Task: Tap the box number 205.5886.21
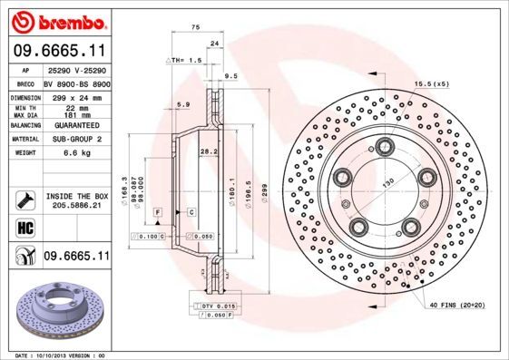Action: (77, 206)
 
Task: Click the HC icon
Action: (25, 228)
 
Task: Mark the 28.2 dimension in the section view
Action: (208, 151)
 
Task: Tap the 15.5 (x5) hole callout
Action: (432, 83)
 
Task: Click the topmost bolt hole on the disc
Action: (387, 146)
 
